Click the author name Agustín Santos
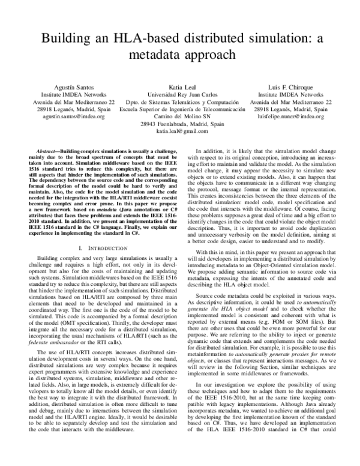click(69, 86)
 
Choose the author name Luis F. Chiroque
click(290, 86)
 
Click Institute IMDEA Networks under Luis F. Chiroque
click(290, 94)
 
